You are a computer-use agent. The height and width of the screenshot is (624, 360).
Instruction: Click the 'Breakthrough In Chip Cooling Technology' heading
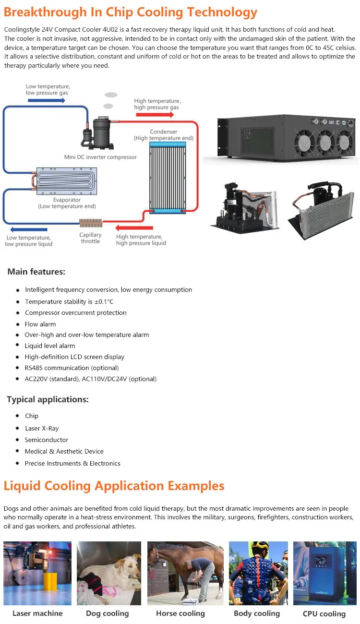point(131,12)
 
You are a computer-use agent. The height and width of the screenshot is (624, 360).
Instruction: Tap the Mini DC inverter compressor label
point(100,157)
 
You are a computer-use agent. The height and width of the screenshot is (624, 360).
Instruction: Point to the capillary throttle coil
point(91,223)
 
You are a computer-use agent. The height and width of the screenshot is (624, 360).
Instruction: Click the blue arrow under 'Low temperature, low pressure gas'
point(46,100)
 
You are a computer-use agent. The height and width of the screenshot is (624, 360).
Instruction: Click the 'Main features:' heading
point(36,272)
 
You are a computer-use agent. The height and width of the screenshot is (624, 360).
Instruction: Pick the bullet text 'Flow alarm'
point(40,324)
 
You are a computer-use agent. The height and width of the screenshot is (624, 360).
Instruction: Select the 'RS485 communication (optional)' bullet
point(72,368)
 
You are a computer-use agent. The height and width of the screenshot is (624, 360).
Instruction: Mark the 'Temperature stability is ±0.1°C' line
point(69,301)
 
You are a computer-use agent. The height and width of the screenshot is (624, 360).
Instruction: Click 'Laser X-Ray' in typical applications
point(42,428)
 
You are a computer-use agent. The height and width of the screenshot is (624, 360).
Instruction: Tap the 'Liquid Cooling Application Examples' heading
point(114,486)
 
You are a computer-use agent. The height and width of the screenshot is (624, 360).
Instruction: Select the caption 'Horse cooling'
point(180,613)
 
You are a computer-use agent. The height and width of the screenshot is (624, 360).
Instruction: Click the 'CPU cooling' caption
point(324,614)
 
